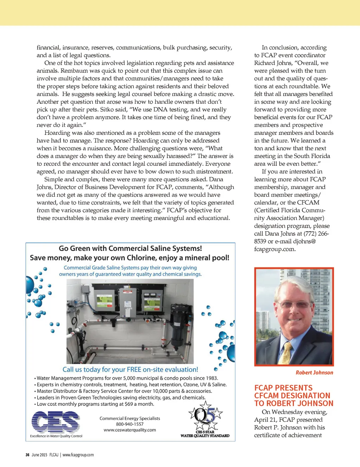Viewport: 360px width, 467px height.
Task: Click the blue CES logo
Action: tap(56, 422)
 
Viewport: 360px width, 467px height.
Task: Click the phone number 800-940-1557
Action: tap(130, 424)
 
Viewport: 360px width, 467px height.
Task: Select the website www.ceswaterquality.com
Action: tap(130, 430)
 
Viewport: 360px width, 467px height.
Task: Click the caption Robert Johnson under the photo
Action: tap(314, 372)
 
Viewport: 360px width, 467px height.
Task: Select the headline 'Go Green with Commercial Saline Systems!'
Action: tap(130, 248)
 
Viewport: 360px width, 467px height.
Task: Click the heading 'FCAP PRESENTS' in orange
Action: tap(283, 388)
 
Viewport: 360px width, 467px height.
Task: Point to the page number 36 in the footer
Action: tap(27, 455)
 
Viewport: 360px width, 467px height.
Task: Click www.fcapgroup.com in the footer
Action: tap(78, 455)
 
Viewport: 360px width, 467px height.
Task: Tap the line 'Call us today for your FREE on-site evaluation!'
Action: tap(130, 370)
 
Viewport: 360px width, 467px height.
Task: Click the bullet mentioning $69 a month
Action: tap(95, 404)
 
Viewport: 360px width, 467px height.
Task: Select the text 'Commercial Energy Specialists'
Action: tap(130, 419)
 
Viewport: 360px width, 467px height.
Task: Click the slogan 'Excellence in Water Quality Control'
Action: tap(56, 436)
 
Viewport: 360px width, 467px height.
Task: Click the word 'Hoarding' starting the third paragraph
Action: tap(57, 133)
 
